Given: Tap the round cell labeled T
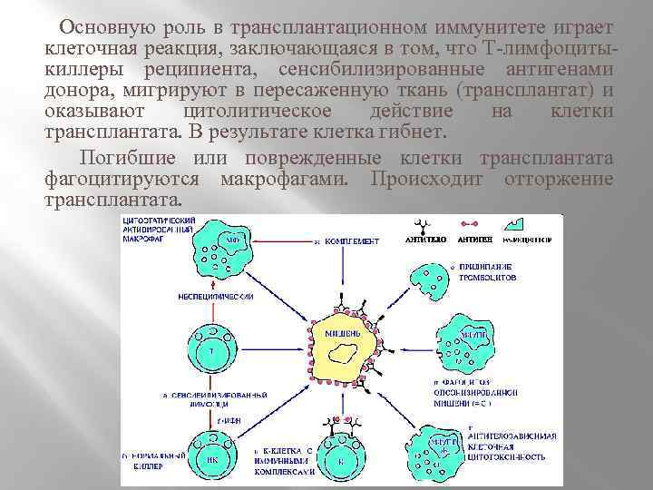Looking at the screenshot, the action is point(210,350).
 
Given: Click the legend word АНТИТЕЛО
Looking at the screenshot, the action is point(425,241).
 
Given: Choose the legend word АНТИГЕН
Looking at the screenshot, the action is point(473,241).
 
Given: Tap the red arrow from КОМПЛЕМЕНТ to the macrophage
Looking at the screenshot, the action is point(276,242).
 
